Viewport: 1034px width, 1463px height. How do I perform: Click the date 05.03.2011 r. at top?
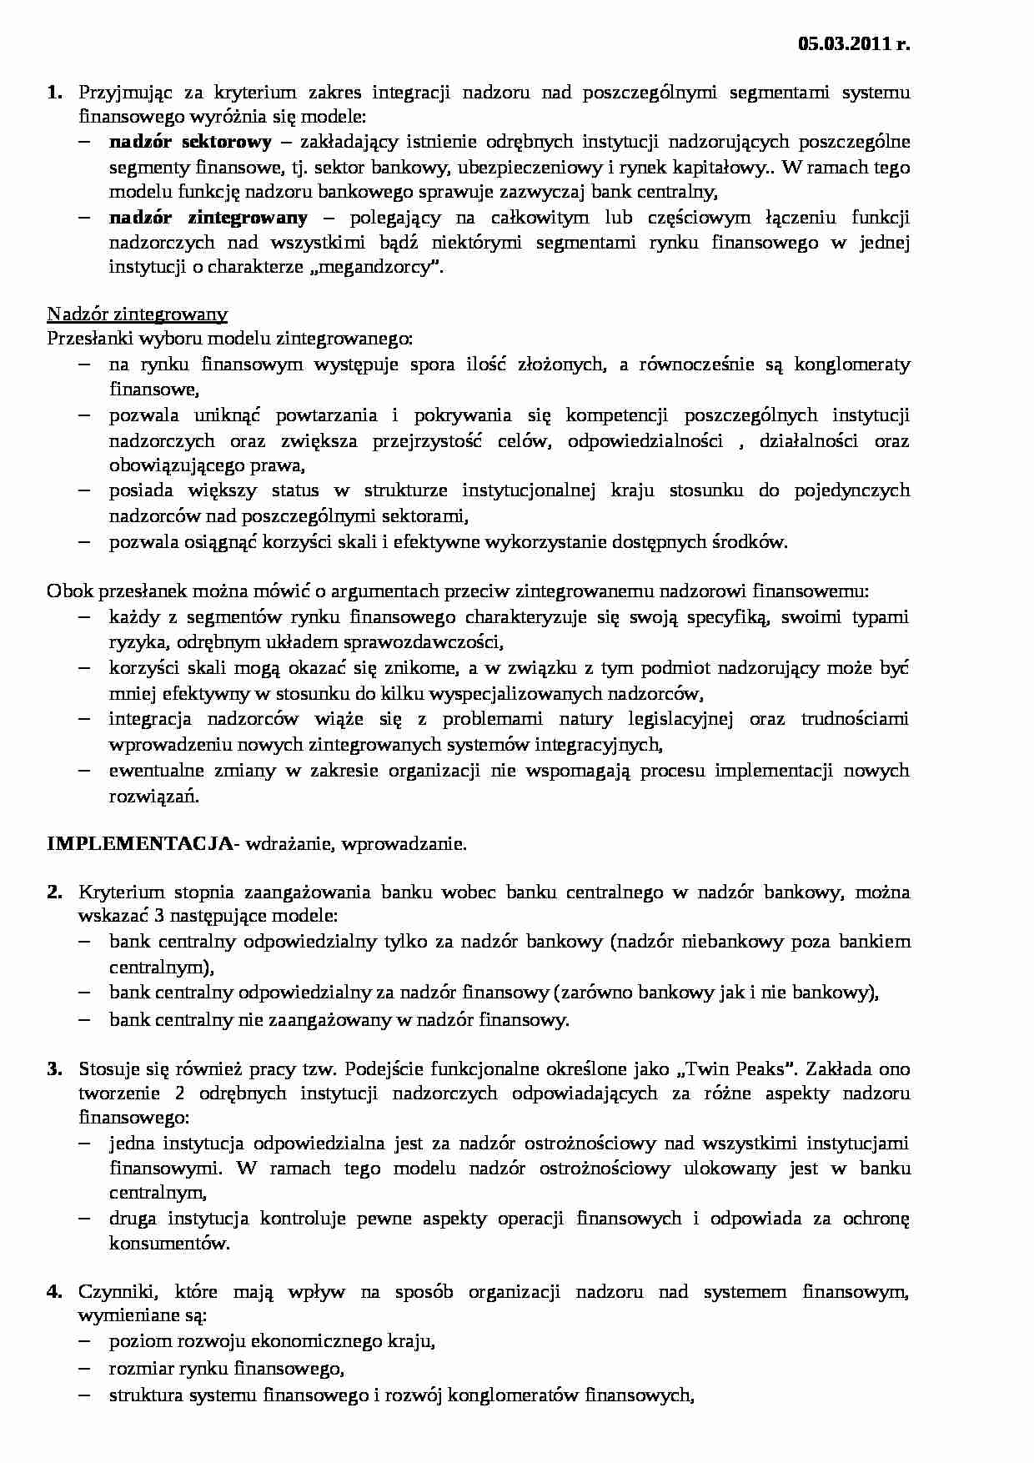coord(853,45)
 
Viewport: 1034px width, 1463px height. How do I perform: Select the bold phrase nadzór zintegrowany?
coord(208,218)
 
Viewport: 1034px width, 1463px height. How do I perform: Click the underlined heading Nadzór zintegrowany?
coord(137,314)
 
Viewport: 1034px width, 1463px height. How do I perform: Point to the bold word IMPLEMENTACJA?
coord(139,843)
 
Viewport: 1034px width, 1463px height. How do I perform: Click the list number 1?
coord(54,92)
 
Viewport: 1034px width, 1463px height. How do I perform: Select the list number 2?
coord(54,892)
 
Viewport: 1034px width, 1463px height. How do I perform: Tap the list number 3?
coord(54,1068)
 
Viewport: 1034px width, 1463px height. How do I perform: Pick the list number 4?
coord(54,1292)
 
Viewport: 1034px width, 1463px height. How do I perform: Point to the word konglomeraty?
coord(852,364)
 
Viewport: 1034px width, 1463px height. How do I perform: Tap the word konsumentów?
coord(168,1243)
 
